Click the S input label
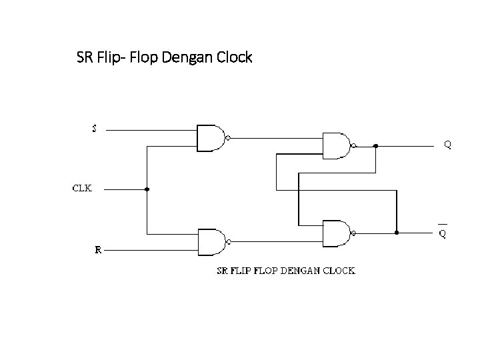point(94,128)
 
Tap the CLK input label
point(82,188)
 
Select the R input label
point(98,250)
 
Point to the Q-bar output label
point(442,233)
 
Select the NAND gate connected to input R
point(211,241)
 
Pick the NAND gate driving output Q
point(337,145)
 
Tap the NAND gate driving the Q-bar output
point(337,233)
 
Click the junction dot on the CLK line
point(147,189)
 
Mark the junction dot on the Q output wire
point(375,145)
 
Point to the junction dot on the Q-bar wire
point(397,233)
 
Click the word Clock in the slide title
point(235,57)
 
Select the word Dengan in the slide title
point(191,57)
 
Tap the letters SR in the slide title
point(85,57)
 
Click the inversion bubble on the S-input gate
point(228,139)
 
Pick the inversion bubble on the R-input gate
point(228,241)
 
